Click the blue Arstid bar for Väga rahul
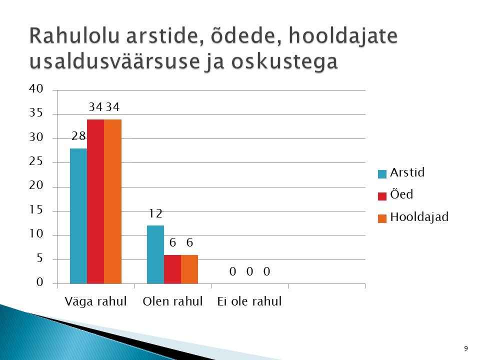[78, 216]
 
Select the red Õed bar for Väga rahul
[95, 201]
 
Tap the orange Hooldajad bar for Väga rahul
[112, 201]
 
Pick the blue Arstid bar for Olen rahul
[155, 254]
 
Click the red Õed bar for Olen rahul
[172, 269]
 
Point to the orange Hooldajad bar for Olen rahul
[189, 269]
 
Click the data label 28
[78, 136]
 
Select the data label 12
[155, 213]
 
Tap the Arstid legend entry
[401, 173]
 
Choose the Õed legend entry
[395, 194]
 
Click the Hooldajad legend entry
[413, 217]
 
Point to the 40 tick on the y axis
[36, 89]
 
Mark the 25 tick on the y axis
[36, 161]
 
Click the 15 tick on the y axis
[36, 209]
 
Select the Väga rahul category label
[95, 301]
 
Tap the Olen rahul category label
[172, 301]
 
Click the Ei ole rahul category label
[249, 301]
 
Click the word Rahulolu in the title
[74, 36]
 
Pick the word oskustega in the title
[284, 62]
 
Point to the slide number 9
[466, 348]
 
